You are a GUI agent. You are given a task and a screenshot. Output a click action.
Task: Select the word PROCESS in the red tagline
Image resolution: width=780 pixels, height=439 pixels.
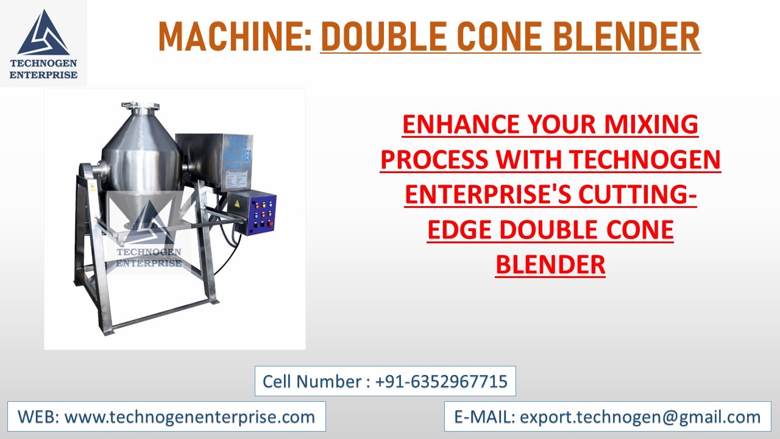434,160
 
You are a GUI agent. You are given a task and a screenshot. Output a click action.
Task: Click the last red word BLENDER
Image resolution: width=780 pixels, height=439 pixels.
550,265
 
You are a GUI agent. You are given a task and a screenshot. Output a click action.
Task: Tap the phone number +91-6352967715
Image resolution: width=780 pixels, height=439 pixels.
441,382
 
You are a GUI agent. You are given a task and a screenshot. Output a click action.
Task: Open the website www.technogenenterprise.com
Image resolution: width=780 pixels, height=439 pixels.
190,417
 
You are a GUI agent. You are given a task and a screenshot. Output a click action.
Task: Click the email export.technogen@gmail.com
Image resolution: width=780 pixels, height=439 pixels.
640,417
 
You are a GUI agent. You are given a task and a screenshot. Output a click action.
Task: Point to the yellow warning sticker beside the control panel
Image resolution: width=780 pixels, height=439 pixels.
235,203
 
